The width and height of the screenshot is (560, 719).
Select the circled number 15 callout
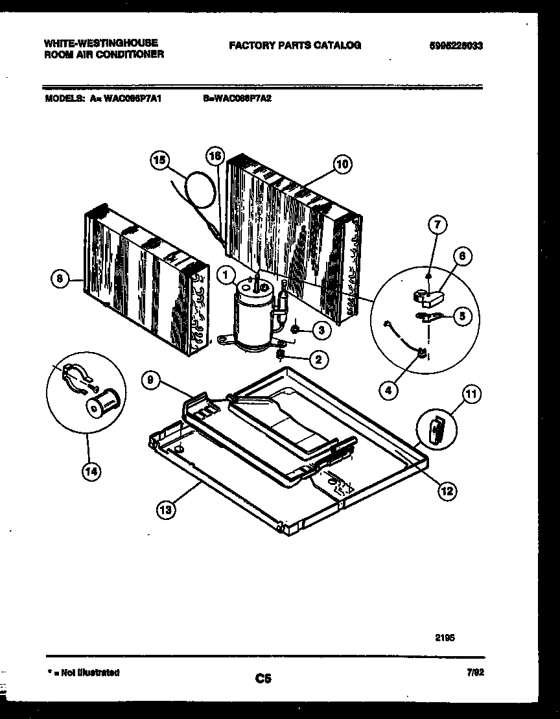(x=159, y=159)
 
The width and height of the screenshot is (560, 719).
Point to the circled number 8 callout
(x=60, y=279)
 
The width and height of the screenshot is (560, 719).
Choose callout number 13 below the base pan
(x=166, y=509)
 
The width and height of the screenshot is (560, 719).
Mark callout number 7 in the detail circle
(x=438, y=225)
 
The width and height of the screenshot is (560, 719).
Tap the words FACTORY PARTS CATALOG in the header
(x=294, y=45)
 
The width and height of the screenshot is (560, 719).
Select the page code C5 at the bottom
(x=262, y=679)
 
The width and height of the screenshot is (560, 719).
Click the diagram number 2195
(x=445, y=637)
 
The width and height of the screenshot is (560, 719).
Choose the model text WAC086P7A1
(x=134, y=100)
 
